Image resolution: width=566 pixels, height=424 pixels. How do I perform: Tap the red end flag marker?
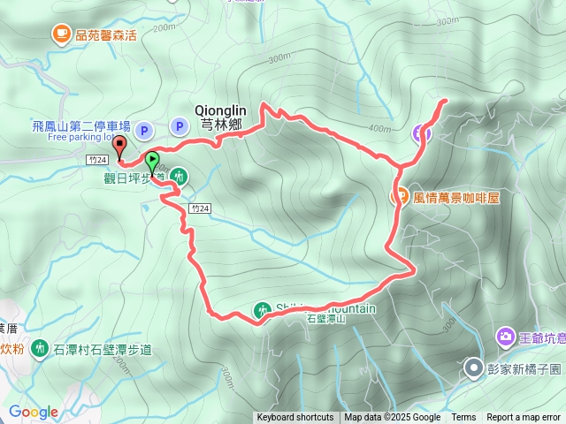pyautogui.click(x=119, y=146)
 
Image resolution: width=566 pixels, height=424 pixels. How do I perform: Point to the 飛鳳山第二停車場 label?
pyautogui.click(x=80, y=126)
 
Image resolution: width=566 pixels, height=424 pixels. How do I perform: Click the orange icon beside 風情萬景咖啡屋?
pyautogui.click(x=400, y=197)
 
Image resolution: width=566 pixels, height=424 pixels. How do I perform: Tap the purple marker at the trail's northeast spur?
pyautogui.click(x=423, y=133)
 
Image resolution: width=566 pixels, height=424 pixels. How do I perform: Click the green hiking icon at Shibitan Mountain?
pyautogui.click(x=263, y=310)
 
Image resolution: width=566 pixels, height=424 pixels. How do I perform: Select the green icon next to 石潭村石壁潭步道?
pyautogui.click(x=40, y=349)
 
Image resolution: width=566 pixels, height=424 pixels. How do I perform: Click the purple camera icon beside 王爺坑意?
pyautogui.click(x=506, y=336)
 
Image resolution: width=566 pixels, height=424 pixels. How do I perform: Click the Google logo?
pyautogui.click(x=33, y=412)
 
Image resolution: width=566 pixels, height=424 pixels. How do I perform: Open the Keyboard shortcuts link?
pyautogui.click(x=294, y=418)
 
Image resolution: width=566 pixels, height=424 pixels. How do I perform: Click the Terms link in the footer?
pyautogui.click(x=463, y=418)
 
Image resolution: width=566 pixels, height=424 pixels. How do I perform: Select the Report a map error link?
pyautogui.click(x=524, y=418)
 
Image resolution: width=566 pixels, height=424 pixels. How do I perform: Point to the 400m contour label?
pyautogui.click(x=381, y=129)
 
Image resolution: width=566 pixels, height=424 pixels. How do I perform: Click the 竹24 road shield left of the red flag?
pyautogui.click(x=98, y=160)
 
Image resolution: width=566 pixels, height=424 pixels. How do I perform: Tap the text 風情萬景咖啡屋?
pyautogui.click(x=456, y=198)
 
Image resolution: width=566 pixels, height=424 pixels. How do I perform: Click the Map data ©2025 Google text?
pyautogui.click(x=392, y=418)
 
